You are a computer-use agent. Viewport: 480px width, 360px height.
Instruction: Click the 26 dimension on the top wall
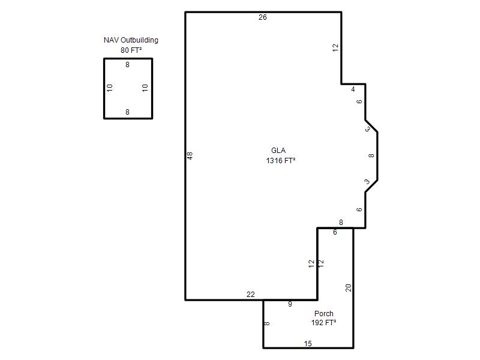(263, 17)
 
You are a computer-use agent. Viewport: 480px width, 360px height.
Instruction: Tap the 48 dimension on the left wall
(190, 156)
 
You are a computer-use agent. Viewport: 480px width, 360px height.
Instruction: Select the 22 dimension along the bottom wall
(251, 295)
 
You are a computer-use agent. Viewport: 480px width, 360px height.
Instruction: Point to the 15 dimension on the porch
(308, 344)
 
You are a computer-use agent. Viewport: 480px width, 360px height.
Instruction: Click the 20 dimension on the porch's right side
(349, 288)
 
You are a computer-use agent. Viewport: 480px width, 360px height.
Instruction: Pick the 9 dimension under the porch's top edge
(290, 304)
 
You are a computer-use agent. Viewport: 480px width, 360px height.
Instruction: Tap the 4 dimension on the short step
(353, 89)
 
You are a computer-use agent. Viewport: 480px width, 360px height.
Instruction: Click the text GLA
(278, 151)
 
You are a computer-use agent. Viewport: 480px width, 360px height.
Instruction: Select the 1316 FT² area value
(281, 161)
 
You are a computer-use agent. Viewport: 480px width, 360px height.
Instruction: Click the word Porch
(324, 314)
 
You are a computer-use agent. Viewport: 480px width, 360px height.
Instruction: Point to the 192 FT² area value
(324, 323)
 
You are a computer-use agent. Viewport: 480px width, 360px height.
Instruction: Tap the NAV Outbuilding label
(131, 40)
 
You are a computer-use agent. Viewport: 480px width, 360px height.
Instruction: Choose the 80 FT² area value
(131, 50)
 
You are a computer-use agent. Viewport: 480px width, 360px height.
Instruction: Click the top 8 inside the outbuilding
(127, 65)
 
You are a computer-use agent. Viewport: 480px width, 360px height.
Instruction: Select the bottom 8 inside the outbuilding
(127, 112)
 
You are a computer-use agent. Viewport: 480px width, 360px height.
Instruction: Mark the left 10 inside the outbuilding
(110, 88)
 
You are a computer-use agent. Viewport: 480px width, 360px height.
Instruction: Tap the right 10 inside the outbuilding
(145, 88)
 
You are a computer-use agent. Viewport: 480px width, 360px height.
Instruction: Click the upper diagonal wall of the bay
(371, 126)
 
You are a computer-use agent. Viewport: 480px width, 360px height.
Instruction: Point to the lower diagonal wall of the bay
(371, 186)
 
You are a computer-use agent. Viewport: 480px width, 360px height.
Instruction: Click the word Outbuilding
(139, 40)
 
